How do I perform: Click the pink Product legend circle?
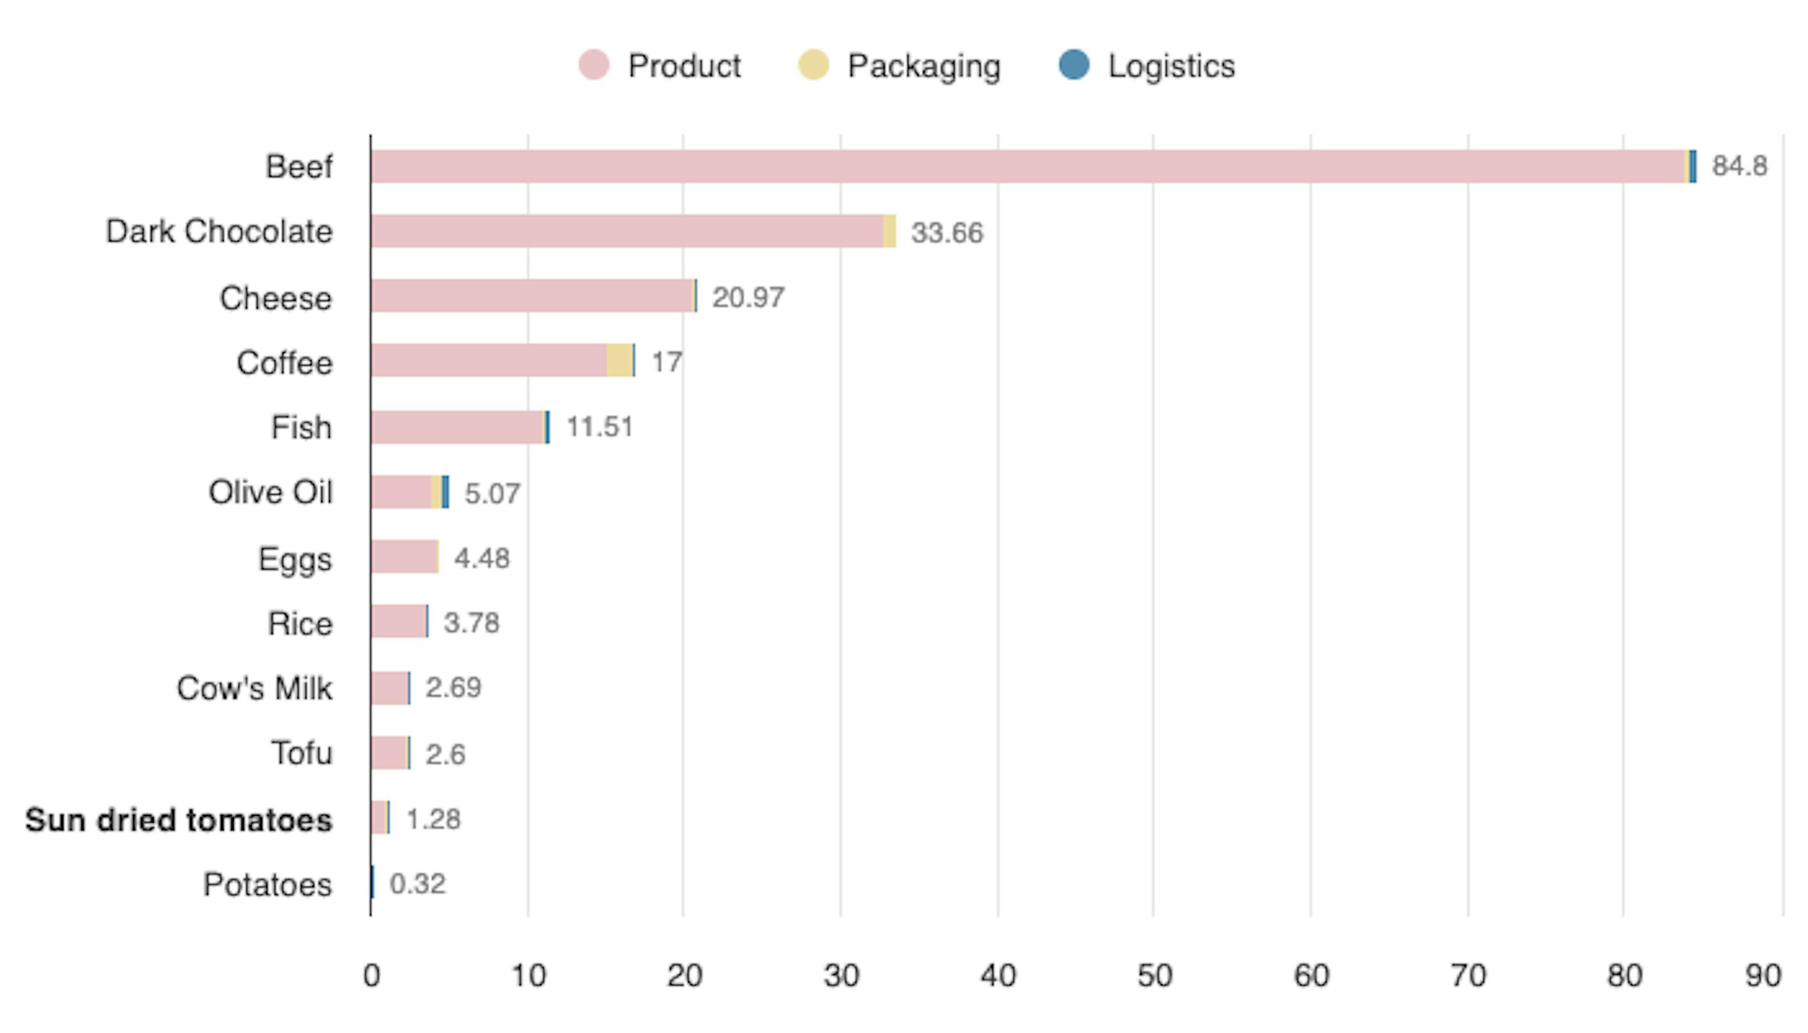click(x=594, y=65)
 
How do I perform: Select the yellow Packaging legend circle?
click(x=813, y=65)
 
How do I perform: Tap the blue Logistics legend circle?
click(x=1074, y=65)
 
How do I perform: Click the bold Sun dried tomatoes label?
click(x=179, y=820)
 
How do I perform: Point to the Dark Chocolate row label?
click(x=219, y=231)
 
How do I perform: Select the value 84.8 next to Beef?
click(x=1739, y=166)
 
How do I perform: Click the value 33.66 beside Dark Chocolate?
click(x=947, y=233)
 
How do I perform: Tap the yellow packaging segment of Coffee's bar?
click(x=619, y=360)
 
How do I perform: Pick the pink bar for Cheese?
click(x=532, y=296)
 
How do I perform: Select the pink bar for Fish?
click(x=457, y=427)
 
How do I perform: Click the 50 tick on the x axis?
click(x=1154, y=976)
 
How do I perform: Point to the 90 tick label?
click(x=1763, y=976)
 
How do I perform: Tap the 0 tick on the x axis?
click(x=371, y=976)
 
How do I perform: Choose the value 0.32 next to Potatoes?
click(x=418, y=884)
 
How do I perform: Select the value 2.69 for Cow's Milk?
click(x=453, y=688)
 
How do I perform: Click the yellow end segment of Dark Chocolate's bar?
click(x=890, y=231)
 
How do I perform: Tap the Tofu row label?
click(x=301, y=753)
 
